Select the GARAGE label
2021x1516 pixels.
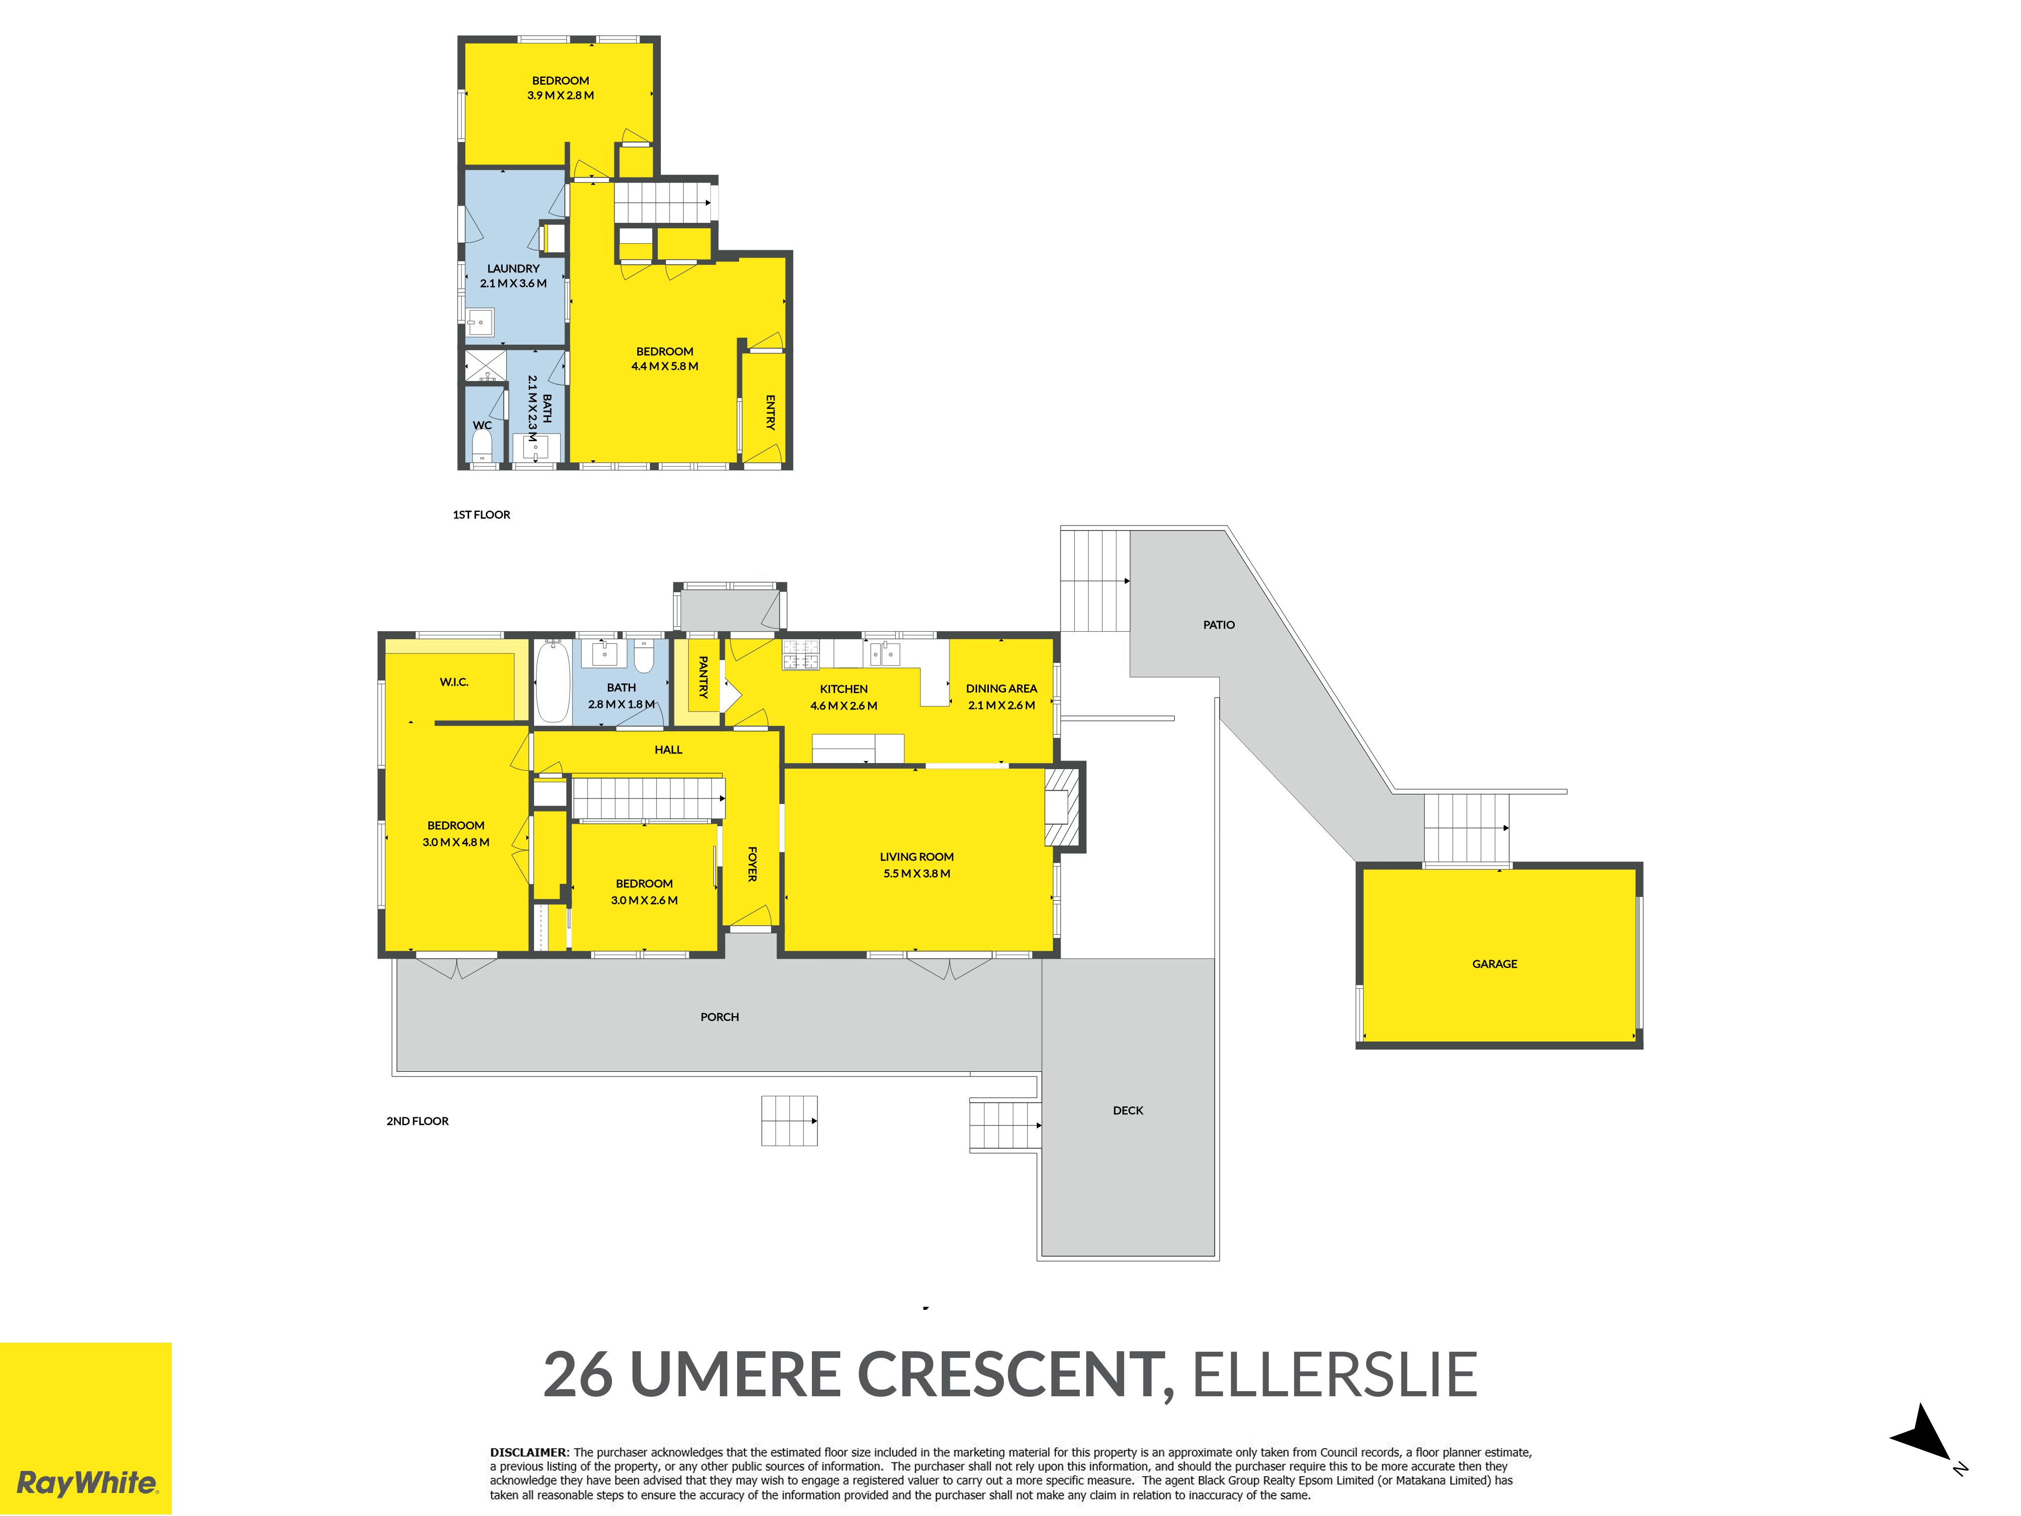pyautogui.click(x=1495, y=964)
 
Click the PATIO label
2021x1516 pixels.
pyautogui.click(x=1219, y=625)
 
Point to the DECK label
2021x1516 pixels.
pyautogui.click(x=1128, y=1110)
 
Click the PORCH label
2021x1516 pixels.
pyautogui.click(x=720, y=1017)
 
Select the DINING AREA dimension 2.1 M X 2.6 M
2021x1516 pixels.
pyautogui.click(x=1001, y=705)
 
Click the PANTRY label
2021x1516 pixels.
pyautogui.click(x=703, y=677)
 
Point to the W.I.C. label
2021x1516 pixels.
pyautogui.click(x=454, y=682)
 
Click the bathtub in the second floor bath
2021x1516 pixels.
pyautogui.click(x=553, y=682)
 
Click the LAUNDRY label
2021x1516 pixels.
pyautogui.click(x=513, y=269)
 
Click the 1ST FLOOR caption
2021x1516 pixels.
pyautogui.click(x=482, y=514)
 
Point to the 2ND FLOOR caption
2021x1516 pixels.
pyautogui.click(x=417, y=1121)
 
